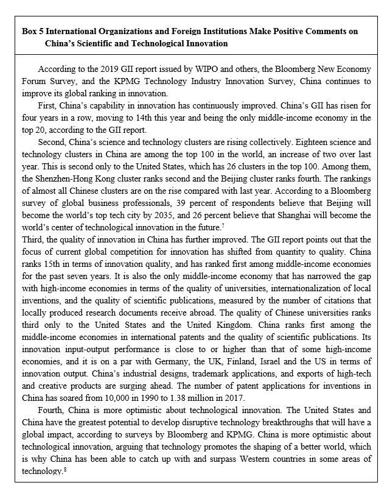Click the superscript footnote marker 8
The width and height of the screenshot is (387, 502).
tap(64, 471)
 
